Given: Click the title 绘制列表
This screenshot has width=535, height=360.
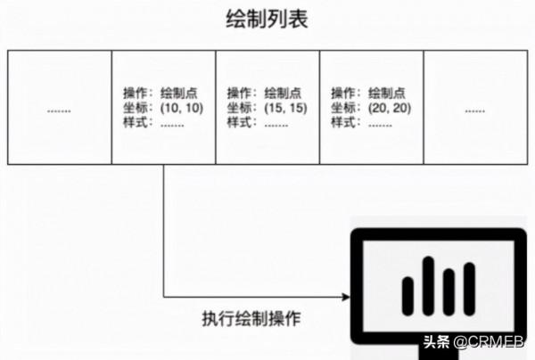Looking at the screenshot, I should click(267, 20).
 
